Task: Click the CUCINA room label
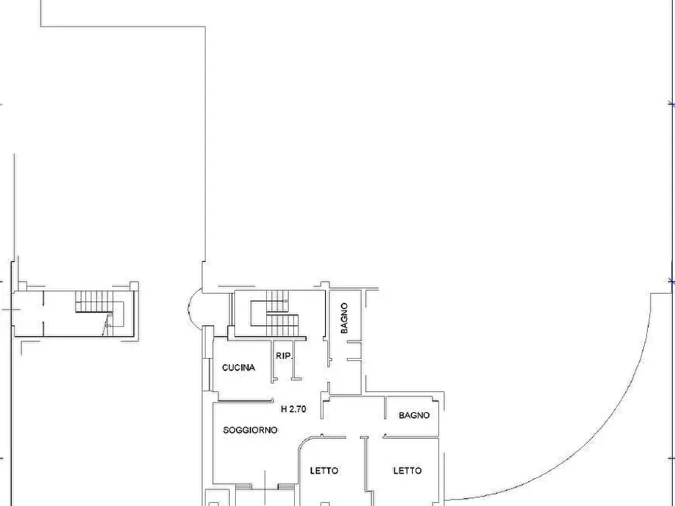click(x=239, y=368)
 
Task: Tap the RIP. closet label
click(x=284, y=356)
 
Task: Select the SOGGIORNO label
click(x=250, y=430)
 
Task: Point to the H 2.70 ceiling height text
click(x=293, y=409)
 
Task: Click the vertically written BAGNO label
click(x=344, y=318)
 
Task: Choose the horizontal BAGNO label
click(x=414, y=415)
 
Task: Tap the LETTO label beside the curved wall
click(x=324, y=471)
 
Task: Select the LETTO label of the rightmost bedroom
click(x=407, y=471)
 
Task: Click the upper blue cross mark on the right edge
click(x=671, y=103)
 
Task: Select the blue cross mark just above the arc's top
click(x=671, y=282)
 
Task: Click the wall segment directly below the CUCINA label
click(x=246, y=401)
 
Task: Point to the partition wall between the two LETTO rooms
click(x=367, y=471)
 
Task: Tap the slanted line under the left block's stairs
click(x=106, y=325)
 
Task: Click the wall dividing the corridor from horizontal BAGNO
click(x=385, y=407)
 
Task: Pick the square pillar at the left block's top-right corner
click(x=134, y=285)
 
